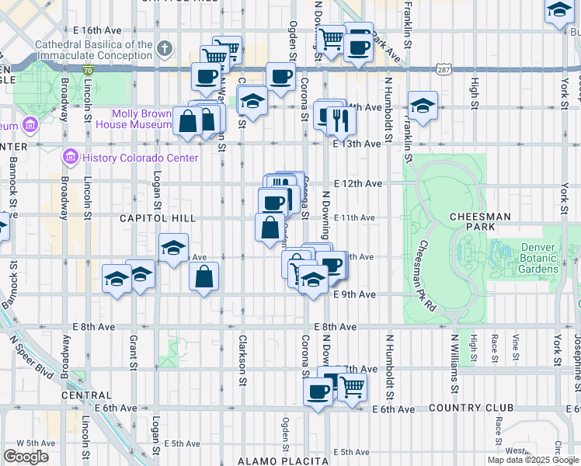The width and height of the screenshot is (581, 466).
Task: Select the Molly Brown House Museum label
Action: click(x=140, y=119)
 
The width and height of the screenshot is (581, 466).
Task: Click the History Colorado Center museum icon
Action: click(x=70, y=158)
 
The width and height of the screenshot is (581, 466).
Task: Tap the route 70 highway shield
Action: click(x=88, y=70)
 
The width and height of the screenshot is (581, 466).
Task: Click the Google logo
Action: click(x=26, y=457)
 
